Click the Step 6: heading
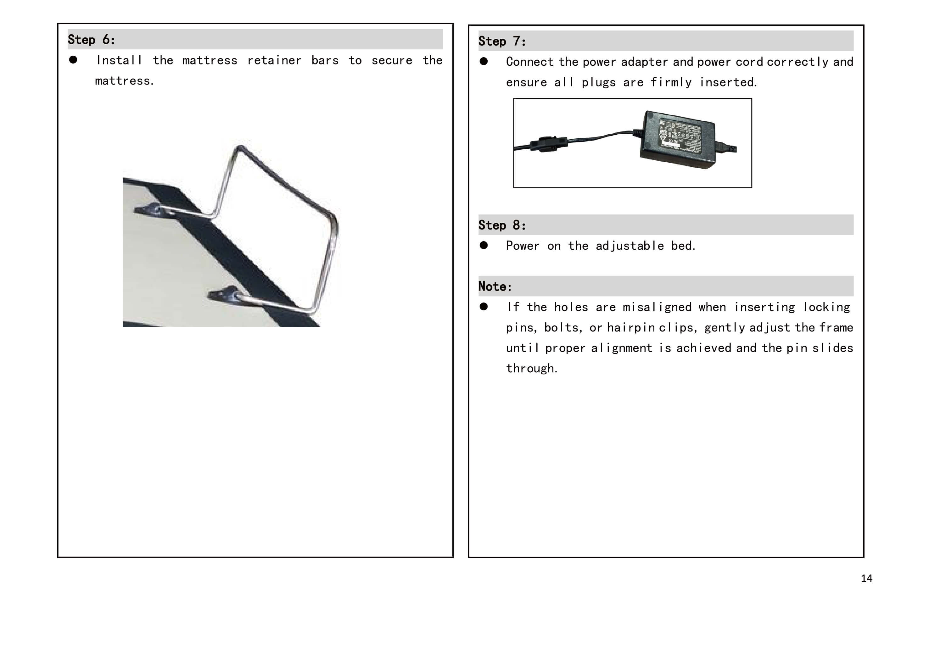tap(92, 40)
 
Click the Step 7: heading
tap(502, 41)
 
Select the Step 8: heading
tap(502, 225)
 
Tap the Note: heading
tap(495, 286)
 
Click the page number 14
tap(866, 578)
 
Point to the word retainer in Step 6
tap(274, 61)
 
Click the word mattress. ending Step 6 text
tap(124, 81)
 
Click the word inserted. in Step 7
tap(728, 82)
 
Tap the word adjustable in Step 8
tap(630, 246)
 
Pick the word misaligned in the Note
tap(657, 307)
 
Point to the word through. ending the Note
tap(532, 369)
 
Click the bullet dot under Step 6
tap(73, 60)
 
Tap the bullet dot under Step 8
tap(484, 246)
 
